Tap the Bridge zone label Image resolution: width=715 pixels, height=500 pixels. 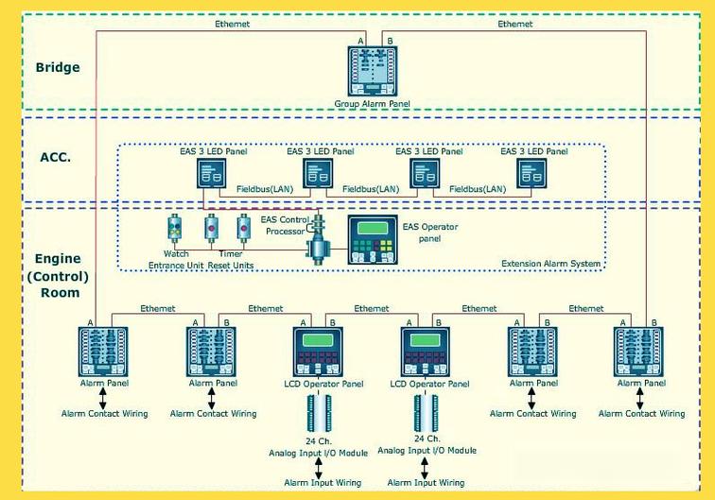pyautogui.click(x=58, y=67)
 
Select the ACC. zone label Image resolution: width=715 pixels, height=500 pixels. pyautogui.click(x=55, y=157)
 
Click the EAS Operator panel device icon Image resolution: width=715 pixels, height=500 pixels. pyautogui.click(x=373, y=240)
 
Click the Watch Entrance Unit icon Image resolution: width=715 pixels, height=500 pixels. pyautogui.click(x=175, y=230)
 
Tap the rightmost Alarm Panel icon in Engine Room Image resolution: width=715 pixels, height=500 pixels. pyautogui.click(x=638, y=352)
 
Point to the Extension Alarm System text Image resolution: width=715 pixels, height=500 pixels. pyautogui.click(x=550, y=263)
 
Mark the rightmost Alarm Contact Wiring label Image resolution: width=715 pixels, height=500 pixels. pyautogui.click(x=641, y=414)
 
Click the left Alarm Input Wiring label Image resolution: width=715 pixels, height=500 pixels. pyautogui.click(x=323, y=483)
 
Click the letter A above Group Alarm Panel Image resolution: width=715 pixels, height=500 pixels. pyautogui.click(x=359, y=40)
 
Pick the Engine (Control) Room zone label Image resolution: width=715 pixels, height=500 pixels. pyautogui.click(x=58, y=275)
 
